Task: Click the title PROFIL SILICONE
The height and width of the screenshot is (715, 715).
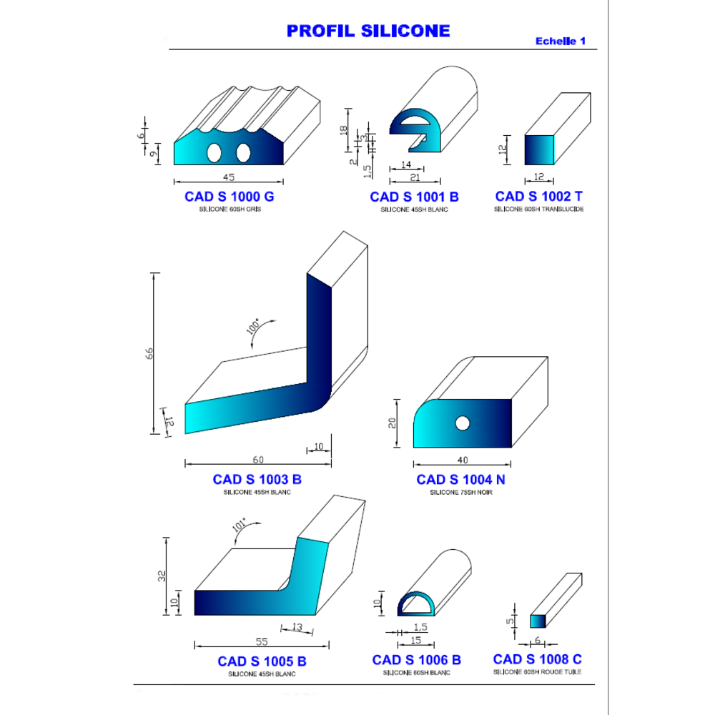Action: [368, 31]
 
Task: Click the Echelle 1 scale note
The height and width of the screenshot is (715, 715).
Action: [561, 41]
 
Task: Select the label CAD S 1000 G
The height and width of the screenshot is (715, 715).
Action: [230, 197]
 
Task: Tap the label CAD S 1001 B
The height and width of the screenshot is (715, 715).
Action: [414, 197]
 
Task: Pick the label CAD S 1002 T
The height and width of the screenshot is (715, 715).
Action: [539, 197]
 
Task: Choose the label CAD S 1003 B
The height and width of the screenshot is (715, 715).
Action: [257, 480]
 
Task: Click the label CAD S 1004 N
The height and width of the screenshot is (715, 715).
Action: [460, 480]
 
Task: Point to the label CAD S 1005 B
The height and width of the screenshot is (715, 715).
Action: [262, 661]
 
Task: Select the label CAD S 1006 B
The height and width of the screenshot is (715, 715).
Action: [416, 660]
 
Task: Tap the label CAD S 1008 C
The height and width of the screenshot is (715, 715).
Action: [537, 659]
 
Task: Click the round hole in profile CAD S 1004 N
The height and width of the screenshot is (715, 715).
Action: [463, 423]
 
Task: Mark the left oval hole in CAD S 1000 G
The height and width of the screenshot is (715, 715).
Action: [214, 153]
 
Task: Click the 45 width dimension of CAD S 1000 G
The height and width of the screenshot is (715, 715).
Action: [229, 177]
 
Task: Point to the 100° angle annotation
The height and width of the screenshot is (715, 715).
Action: [252, 327]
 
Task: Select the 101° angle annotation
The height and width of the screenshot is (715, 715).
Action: [239, 525]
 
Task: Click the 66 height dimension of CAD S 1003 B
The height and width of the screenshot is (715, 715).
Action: [149, 353]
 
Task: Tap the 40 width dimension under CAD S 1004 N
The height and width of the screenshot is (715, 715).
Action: [463, 460]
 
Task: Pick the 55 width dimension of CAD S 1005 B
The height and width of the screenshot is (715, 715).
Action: [262, 641]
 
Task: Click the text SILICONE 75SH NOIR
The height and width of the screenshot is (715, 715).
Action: [461, 493]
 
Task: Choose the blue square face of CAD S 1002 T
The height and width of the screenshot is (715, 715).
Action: [539, 150]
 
